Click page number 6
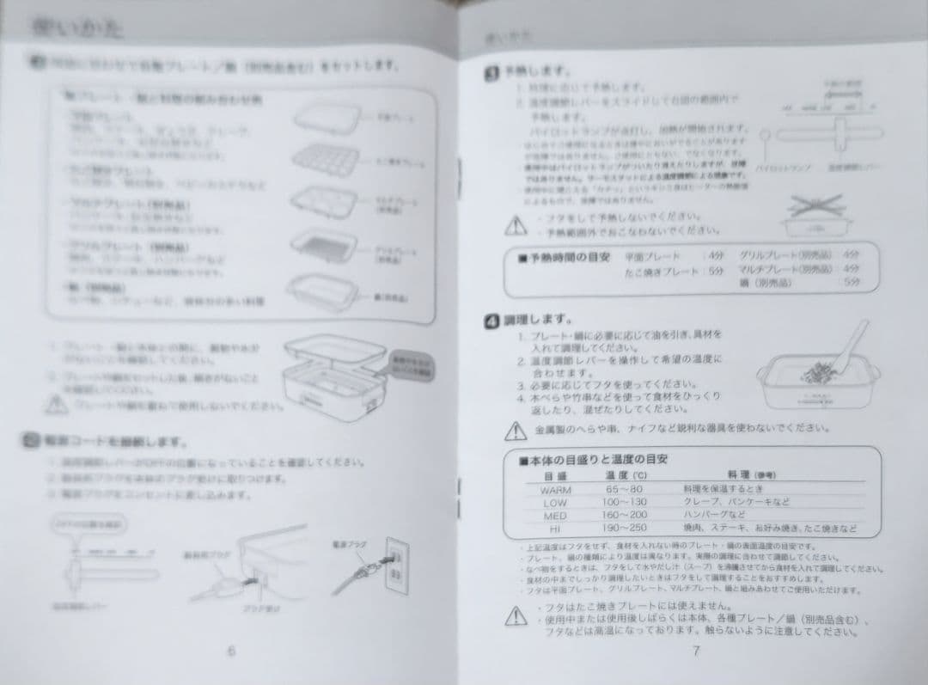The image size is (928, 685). [x=231, y=651]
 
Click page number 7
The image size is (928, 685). [x=695, y=651]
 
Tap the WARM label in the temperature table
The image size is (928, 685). [x=556, y=489]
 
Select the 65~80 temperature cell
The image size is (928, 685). [x=624, y=489]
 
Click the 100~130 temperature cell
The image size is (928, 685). [x=624, y=502]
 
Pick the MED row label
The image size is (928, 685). [x=556, y=516]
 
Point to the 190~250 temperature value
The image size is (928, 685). [x=624, y=529]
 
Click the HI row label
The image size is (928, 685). [x=555, y=529]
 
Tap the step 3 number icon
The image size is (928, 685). [x=491, y=75]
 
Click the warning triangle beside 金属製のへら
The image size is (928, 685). [x=515, y=430]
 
